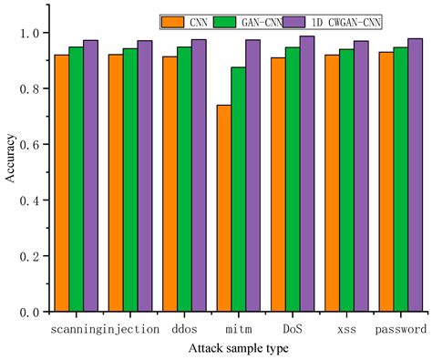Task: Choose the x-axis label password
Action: [400, 327]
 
